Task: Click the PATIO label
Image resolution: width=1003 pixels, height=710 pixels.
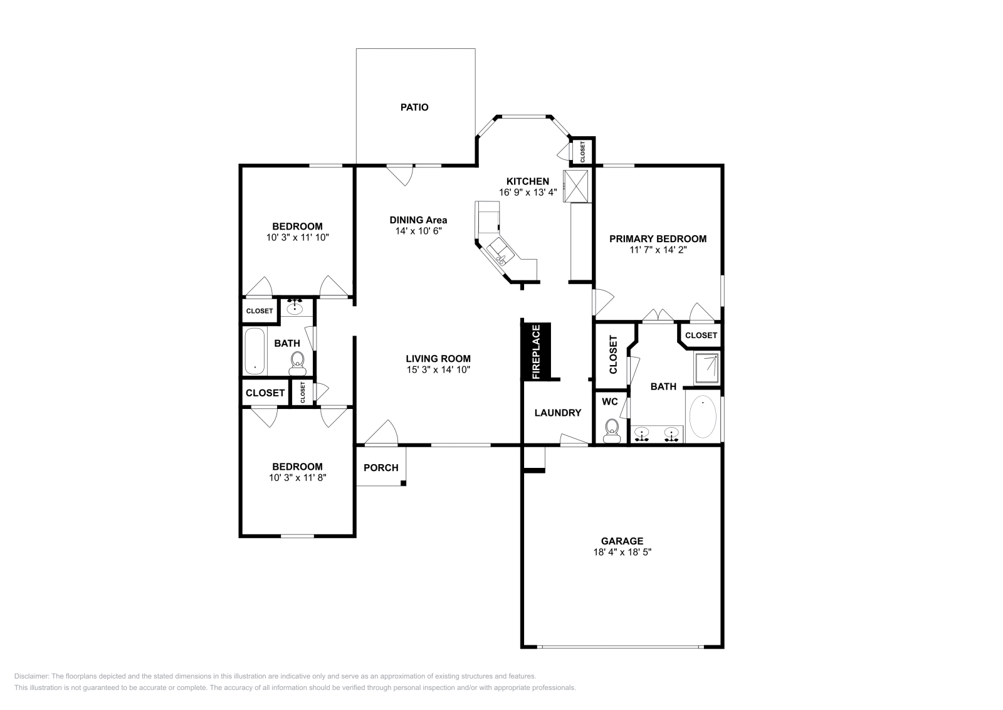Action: [x=414, y=107]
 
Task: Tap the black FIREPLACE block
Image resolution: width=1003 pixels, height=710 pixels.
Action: [x=536, y=351]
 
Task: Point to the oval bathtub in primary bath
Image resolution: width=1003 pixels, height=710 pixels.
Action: [x=702, y=416]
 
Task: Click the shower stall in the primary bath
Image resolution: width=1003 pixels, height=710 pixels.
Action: [x=707, y=368]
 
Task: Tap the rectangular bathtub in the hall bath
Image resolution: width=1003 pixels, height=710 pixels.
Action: [x=255, y=351]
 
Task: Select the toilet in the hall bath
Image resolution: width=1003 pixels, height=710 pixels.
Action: [x=297, y=362]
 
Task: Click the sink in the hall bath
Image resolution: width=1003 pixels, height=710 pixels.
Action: [x=295, y=308]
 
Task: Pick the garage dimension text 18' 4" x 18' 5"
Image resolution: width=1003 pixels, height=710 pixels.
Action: [x=622, y=552]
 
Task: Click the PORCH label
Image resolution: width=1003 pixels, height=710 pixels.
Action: [x=381, y=467]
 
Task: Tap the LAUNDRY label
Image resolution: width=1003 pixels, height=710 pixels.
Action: [x=557, y=413]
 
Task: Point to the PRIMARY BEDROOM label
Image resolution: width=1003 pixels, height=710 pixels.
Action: [x=658, y=238]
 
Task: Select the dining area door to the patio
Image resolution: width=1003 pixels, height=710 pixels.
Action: [x=400, y=174]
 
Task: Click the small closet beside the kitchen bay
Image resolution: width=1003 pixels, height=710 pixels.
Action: [x=581, y=151]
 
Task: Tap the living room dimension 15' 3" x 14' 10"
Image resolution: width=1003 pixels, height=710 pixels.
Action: [x=438, y=369]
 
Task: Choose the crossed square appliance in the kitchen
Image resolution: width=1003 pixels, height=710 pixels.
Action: [x=577, y=186]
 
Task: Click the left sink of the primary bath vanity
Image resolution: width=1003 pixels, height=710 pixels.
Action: [x=641, y=433]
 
